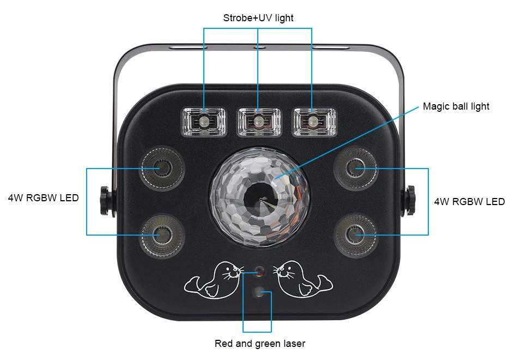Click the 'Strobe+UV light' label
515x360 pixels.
point(258,18)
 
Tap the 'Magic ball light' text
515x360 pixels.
point(456,106)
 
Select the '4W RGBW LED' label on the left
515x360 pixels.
point(43,198)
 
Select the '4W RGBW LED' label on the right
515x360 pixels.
point(469,202)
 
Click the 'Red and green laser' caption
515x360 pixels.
point(260,344)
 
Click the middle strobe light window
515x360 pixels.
point(258,121)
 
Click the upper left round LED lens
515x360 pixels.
point(162,168)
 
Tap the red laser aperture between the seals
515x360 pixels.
point(258,271)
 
